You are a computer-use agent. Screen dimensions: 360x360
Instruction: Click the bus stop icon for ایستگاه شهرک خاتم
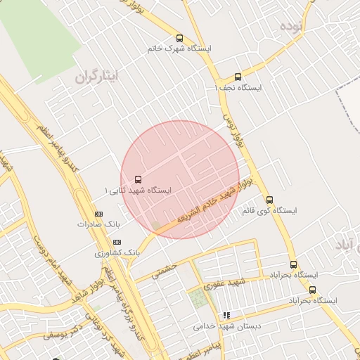pos(179,39)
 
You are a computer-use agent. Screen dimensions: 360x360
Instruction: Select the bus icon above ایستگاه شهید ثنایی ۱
pos(137,179)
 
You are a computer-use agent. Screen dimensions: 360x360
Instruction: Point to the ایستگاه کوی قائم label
pos(269,210)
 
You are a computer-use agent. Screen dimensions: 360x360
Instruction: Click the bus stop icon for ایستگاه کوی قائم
pos(269,200)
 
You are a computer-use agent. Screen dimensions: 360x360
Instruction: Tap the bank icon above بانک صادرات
pos(98,214)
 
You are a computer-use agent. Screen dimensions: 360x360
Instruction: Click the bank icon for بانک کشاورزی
pos(117,242)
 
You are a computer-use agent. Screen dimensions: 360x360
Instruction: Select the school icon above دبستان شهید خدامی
pos(226,316)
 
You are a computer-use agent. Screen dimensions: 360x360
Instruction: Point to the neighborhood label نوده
pos(290,27)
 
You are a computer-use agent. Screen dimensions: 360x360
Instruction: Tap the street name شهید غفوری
pos(223,284)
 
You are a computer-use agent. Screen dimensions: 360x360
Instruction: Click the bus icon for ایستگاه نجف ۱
pos(238,77)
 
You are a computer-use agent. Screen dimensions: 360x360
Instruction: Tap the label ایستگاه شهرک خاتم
pos(179,49)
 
